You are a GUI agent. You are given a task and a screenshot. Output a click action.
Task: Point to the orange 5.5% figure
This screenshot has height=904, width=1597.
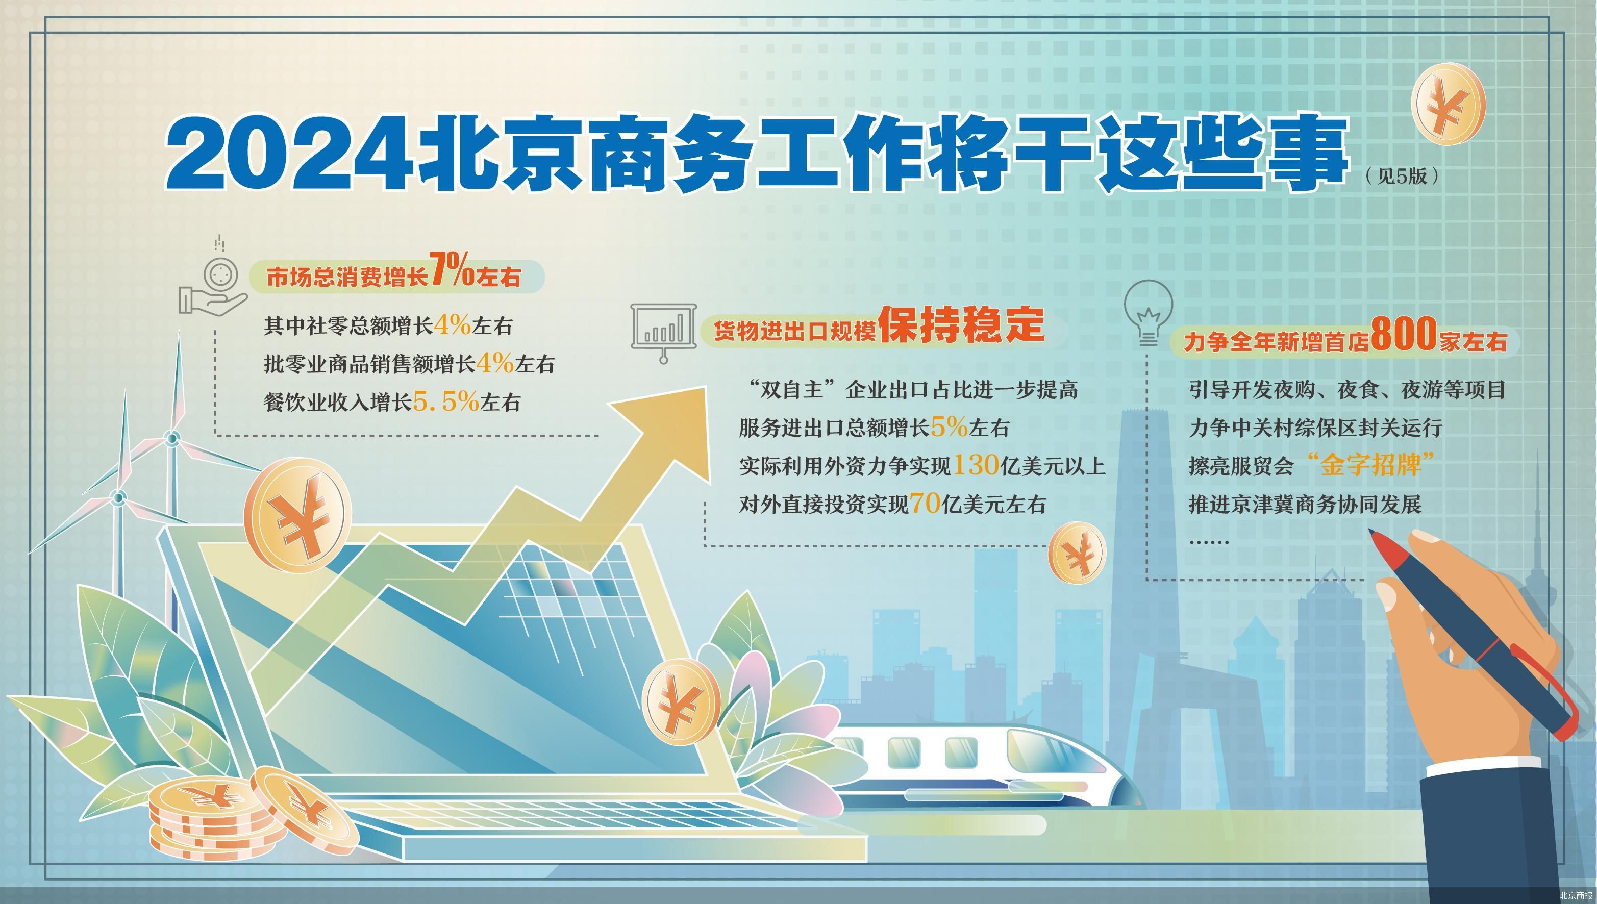pos(446,401)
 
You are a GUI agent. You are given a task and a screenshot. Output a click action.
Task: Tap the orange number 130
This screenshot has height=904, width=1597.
pos(976,464)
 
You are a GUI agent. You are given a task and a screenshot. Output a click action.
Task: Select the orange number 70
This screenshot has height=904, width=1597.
pos(925,503)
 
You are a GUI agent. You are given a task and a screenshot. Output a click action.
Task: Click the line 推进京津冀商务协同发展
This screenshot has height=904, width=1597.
pos(1305,504)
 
